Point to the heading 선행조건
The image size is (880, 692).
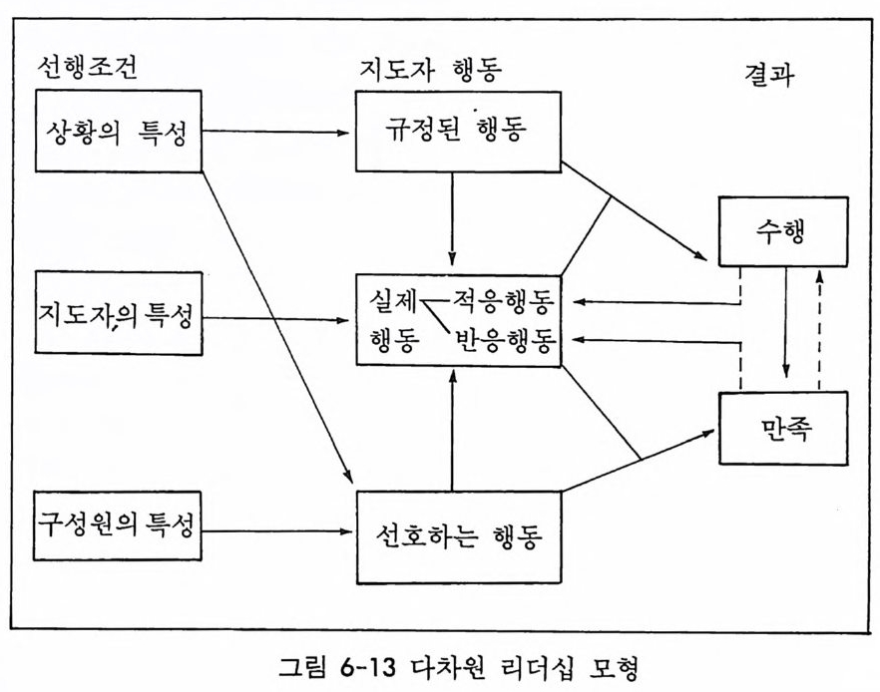[x=87, y=68]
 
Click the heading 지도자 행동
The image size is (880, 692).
[x=430, y=70]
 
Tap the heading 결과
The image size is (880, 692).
[x=769, y=74]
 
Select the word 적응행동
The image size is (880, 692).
[x=504, y=302]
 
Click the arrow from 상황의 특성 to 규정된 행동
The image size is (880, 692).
[x=275, y=133]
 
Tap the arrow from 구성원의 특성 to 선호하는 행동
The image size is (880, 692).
[x=276, y=530]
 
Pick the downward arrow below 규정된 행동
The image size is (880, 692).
[x=452, y=218]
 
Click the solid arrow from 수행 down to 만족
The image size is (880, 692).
[x=786, y=322]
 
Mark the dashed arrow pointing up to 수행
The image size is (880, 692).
[x=820, y=330]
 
